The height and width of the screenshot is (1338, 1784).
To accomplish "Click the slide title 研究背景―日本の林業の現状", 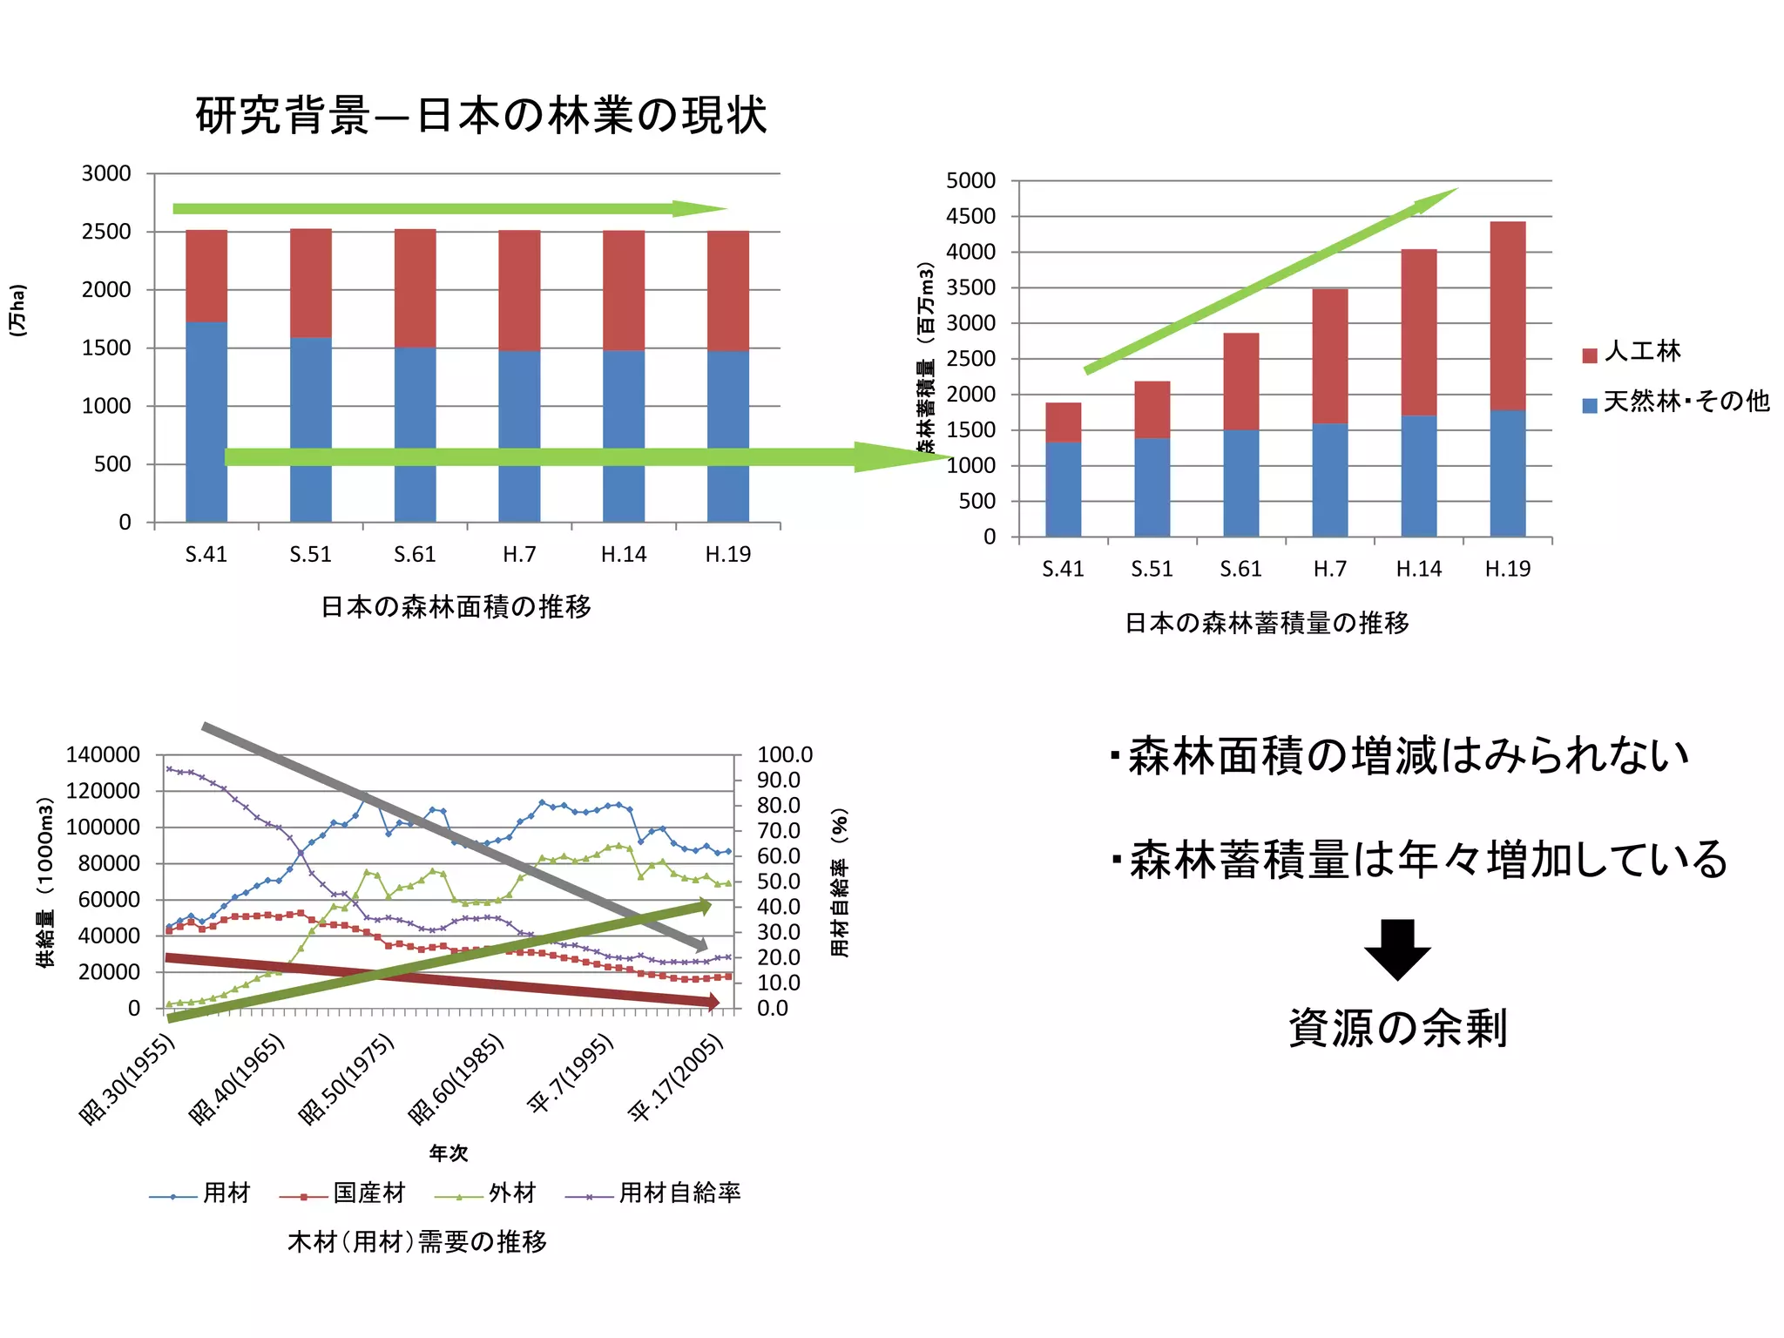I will pos(481,116).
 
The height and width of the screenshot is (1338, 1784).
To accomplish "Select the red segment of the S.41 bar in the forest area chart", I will pos(206,275).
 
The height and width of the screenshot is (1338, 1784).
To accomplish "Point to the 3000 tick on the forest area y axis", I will pos(106,173).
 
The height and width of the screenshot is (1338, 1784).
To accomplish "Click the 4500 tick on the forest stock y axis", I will pos(970,217).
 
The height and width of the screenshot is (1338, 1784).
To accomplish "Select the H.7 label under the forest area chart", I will pos(519,555).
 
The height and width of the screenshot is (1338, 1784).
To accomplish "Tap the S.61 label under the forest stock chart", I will pos(1240,569).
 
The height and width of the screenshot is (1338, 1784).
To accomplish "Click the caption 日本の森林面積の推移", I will pos(456,606).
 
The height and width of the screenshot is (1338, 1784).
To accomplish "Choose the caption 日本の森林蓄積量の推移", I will pos(1267,623).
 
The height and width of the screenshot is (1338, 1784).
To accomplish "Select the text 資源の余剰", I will pos(1397,1028).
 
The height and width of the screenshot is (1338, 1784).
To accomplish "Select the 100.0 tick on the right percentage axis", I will pos(784,754).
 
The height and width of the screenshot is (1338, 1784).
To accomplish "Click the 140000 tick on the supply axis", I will pos(103,755).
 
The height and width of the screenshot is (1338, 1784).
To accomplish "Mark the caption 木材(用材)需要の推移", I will pos(417,1241).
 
